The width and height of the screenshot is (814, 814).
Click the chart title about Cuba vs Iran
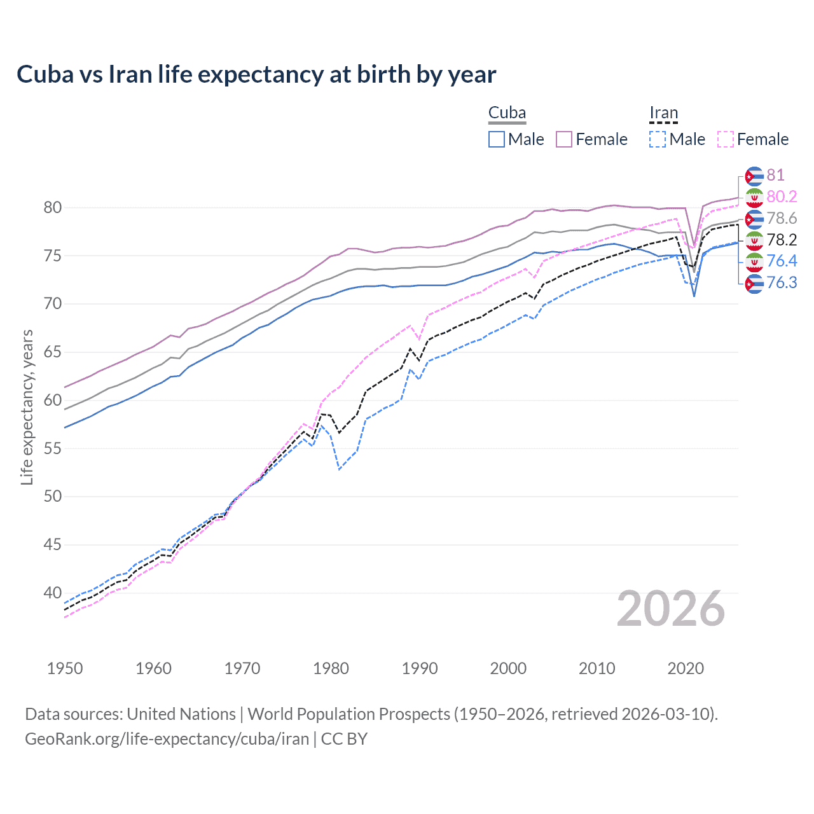pyautogui.click(x=256, y=74)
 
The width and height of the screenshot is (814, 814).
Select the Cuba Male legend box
pyautogui.click(x=497, y=139)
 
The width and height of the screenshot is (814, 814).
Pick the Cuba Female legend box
pyautogui.click(x=564, y=139)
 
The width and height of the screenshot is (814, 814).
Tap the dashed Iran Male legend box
pyautogui.click(x=658, y=139)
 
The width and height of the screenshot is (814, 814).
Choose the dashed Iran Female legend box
pyautogui.click(x=726, y=139)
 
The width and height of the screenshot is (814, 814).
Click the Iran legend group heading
pyautogui.click(x=663, y=113)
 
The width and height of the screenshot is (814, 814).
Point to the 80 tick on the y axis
pyautogui.click(x=52, y=207)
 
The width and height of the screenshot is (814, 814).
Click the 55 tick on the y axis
pyautogui.click(x=52, y=448)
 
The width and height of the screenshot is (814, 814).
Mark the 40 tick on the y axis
pyautogui.click(x=52, y=593)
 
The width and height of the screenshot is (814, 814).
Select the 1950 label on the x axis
pyautogui.click(x=65, y=668)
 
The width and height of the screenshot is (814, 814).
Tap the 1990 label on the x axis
pyautogui.click(x=420, y=668)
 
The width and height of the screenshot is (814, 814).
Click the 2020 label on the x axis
pyautogui.click(x=686, y=668)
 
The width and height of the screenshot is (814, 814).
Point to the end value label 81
pyautogui.click(x=775, y=175)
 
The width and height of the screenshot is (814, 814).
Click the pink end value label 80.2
pyautogui.click(x=782, y=197)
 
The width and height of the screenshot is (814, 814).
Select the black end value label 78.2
pyautogui.click(x=782, y=240)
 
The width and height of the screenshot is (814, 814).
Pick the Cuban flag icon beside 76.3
pyautogui.click(x=754, y=283)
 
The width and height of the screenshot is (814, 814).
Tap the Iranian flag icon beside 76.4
pyautogui.click(x=754, y=261)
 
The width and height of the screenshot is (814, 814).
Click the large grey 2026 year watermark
pyautogui.click(x=670, y=609)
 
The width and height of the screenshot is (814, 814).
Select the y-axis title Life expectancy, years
pyautogui.click(x=27, y=407)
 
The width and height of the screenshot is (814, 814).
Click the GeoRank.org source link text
pyautogui.click(x=167, y=739)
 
